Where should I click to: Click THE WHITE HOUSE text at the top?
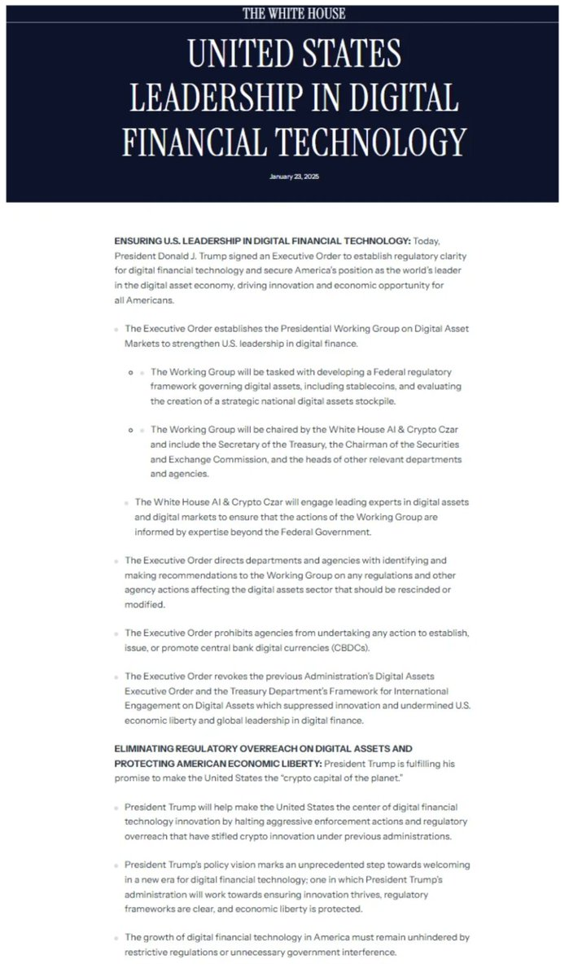coord(294,13)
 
